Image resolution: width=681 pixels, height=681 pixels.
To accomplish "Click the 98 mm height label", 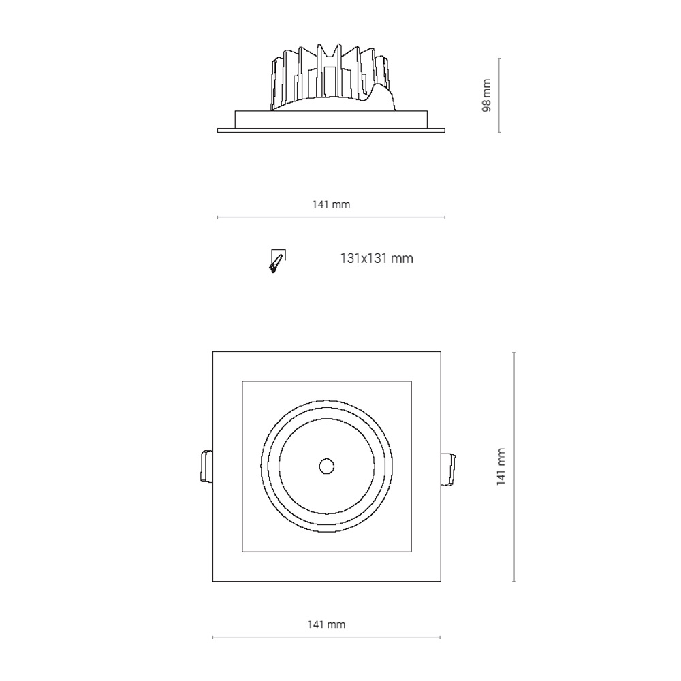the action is click(486, 95).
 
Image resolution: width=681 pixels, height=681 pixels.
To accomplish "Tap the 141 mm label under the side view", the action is click(331, 204).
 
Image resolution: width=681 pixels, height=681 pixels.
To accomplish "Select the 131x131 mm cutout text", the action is click(377, 258).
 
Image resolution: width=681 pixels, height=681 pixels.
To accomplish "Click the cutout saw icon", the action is click(277, 261).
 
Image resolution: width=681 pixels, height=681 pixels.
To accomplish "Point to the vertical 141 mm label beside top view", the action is click(501, 466).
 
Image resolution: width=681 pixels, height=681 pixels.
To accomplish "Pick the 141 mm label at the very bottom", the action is click(326, 624).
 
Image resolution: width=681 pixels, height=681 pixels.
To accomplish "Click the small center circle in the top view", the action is click(327, 466).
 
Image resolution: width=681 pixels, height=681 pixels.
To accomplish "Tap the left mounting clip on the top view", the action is click(206, 466).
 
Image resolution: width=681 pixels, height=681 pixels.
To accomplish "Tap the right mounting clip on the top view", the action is click(448, 469).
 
